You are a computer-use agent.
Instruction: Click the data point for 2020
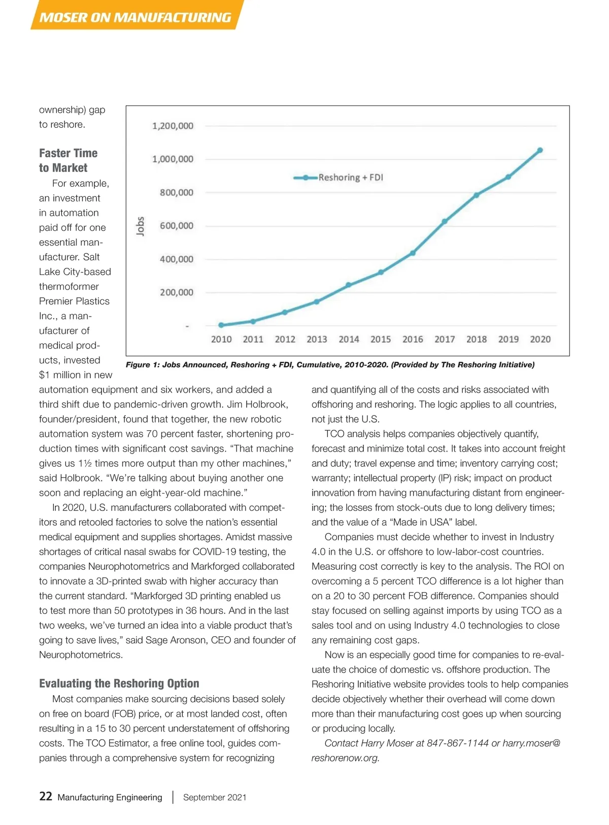click(540, 150)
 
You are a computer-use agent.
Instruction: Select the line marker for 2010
click(221, 325)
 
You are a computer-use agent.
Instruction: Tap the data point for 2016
click(413, 253)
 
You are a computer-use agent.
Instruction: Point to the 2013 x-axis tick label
click(317, 339)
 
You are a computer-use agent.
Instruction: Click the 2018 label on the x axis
click(477, 339)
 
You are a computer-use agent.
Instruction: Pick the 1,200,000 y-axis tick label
click(173, 126)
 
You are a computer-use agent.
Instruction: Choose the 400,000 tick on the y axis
click(177, 259)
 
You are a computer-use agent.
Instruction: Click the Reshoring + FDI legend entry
click(339, 178)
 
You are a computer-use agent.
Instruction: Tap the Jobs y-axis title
click(141, 226)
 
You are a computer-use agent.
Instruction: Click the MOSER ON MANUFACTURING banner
click(135, 18)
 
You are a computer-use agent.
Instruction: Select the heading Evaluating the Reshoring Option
click(119, 683)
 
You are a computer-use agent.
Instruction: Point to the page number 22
click(46, 797)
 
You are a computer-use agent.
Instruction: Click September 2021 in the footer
click(215, 798)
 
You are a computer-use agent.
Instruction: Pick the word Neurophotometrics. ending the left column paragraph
click(81, 655)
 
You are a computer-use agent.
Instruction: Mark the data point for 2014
click(349, 285)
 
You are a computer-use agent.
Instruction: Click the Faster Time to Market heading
click(68, 160)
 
